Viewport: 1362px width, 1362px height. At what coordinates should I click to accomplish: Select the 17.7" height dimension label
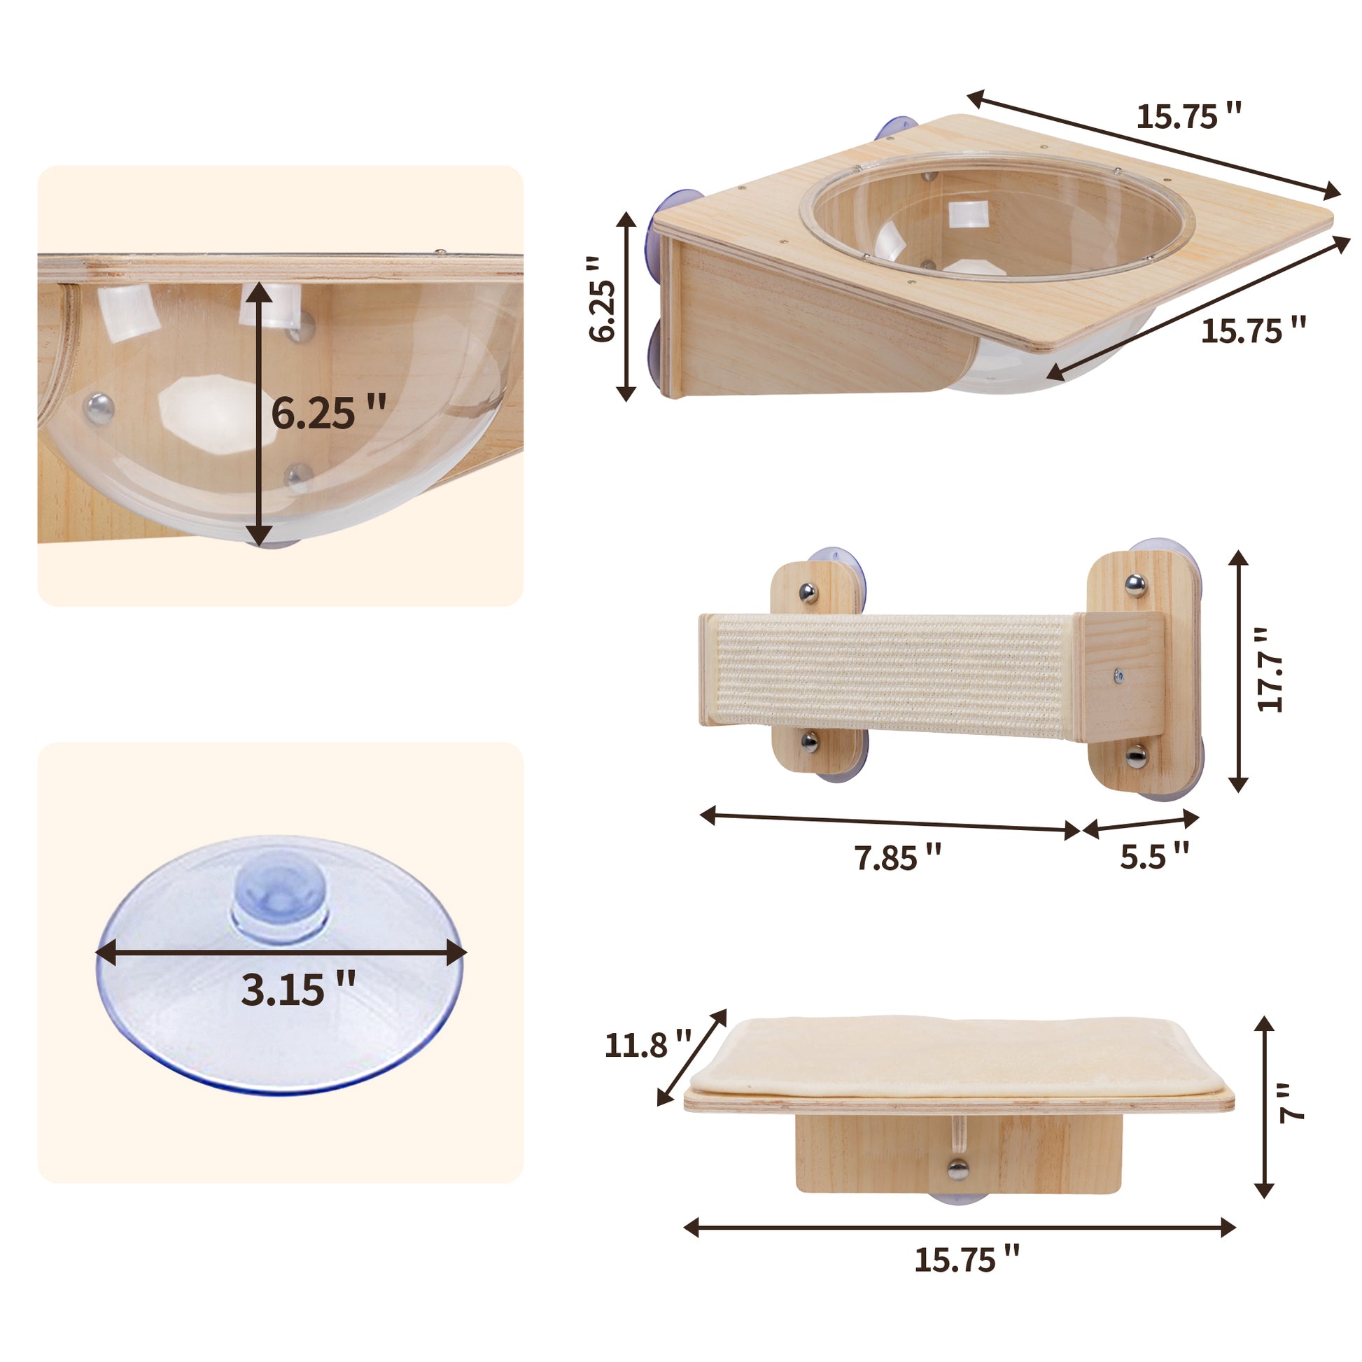click(x=1271, y=671)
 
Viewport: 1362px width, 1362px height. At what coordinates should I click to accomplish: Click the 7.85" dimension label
click(x=897, y=857)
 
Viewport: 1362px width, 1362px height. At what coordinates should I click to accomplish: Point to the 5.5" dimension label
click(x=1154, y=855)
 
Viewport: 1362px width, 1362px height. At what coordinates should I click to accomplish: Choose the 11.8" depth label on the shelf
click(x=647, y=1044)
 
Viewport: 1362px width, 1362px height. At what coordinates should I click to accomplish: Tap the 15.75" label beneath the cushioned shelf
click(x=967, y=1259)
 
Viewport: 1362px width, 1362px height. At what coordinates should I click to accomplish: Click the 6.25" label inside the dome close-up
click(x=328, y=413)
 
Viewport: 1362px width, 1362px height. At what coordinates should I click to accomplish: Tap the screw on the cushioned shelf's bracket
click(x=957, y=1170)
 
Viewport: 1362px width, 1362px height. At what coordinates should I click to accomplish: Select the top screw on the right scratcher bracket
click(x=1135, y=584)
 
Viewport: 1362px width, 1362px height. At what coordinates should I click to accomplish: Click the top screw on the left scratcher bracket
click(x=808, y=592)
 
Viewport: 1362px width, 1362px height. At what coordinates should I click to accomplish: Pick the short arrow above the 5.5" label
click(x=1141, y=824)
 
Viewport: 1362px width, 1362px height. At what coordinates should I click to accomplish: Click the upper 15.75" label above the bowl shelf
click(x=1188, y=116)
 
